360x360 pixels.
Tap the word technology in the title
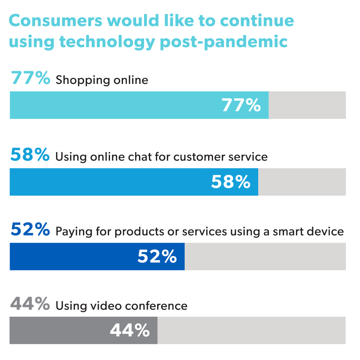coord(105,42)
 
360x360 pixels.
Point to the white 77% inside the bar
coord(241,105)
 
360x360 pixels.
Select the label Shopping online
coord(102,80)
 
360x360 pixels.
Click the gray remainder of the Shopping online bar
coord(307,105)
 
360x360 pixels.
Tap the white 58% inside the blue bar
coord(231,182)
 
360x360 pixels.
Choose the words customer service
coord(220,157)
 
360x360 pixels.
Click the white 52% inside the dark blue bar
coord(157,257)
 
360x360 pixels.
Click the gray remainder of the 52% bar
coord(265,257)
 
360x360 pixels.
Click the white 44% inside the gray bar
coord(130,330)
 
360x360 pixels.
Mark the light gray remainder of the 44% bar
coord(251,330)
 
